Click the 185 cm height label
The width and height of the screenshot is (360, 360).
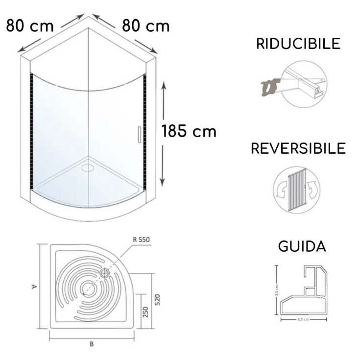189,132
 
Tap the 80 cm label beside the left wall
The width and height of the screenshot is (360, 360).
30,26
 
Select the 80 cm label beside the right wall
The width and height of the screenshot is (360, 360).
146,26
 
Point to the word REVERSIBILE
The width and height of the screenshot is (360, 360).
298,149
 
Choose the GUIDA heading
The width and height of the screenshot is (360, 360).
302,246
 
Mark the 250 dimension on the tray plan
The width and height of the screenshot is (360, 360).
145,312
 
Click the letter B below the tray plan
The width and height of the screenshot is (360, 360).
92,344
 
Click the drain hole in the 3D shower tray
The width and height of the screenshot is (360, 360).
89,168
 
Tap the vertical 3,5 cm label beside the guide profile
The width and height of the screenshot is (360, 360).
277,290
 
